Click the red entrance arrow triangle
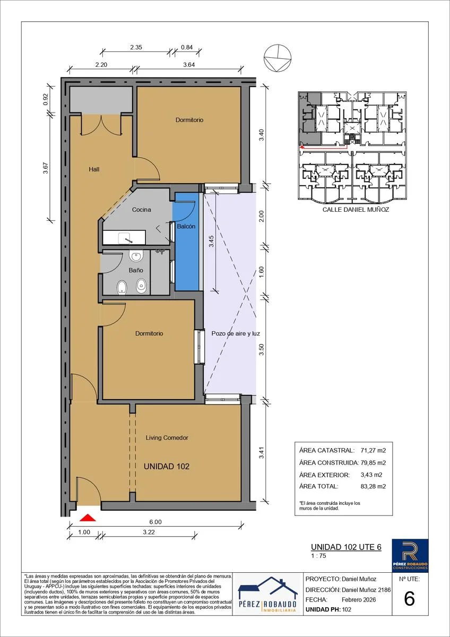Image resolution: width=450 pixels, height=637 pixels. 88,518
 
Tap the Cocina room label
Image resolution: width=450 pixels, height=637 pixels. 141,210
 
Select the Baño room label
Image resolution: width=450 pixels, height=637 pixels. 136,270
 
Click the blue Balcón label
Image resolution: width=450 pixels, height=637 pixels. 186,226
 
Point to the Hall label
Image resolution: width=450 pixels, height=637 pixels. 94,169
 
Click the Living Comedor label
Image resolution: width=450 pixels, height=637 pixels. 167,437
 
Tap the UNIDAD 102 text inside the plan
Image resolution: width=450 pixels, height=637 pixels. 167,467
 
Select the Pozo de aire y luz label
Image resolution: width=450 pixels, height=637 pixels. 236,333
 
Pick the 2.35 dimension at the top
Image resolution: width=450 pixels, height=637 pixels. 136,47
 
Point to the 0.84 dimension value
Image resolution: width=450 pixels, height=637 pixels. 187,47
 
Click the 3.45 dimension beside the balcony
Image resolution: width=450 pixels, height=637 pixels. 211,241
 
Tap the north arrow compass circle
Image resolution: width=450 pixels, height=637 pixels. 278,58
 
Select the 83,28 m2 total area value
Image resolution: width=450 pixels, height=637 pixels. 373,486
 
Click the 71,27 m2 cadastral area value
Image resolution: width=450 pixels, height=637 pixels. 373,451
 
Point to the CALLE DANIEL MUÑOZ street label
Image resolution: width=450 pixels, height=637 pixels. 356,210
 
